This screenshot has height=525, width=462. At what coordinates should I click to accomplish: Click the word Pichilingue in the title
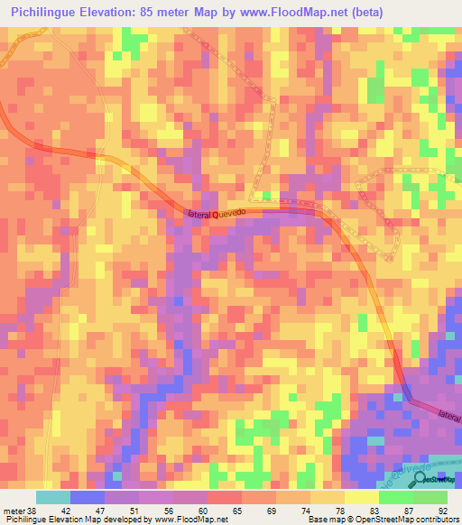[x=45, y=13]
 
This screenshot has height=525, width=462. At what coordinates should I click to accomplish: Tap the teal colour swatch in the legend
[x=52, y=497]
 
